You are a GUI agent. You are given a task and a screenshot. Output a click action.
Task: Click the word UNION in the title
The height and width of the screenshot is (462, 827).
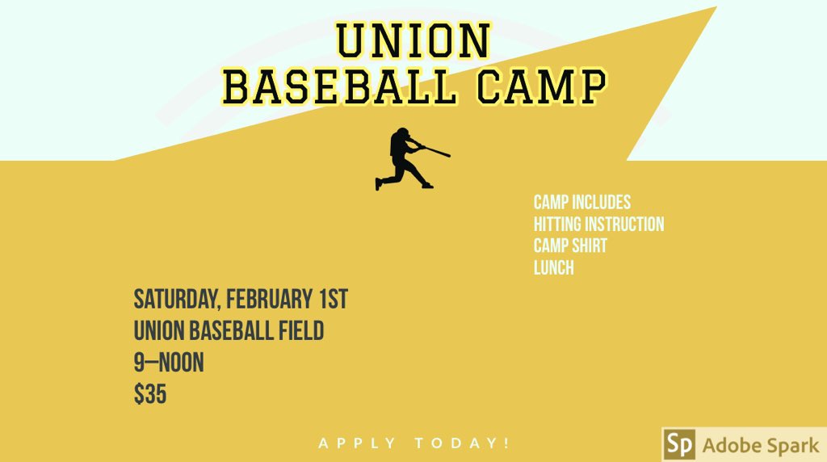[x=413, y=40]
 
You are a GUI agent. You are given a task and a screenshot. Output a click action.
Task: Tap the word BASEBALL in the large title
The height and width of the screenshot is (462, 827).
[x=339, y=87]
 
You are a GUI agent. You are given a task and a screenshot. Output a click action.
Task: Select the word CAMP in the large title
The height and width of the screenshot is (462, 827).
[x=540, y=87]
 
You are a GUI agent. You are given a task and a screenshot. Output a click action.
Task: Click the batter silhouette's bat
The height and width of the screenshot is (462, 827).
[x=435, y=150]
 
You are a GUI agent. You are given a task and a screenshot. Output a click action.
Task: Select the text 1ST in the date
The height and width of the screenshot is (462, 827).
[x=331, y=300]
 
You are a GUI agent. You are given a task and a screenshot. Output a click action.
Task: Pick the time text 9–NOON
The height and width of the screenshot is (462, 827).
[x=169, y=363]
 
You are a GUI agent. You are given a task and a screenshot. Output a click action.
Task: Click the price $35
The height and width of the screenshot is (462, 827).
[x=150, y=395]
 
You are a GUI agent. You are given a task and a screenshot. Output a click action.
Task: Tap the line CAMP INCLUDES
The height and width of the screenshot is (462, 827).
[x=581, y=202]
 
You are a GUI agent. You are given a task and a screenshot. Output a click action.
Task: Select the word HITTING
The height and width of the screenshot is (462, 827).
[x=558, y=224]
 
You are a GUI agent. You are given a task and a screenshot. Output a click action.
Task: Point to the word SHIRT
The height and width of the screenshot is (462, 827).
[x=590, y=246]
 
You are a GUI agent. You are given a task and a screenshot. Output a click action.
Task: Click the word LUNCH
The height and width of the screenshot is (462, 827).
[x=553, y=267]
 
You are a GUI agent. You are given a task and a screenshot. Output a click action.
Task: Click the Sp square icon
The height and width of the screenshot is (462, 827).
[x=679, y=445]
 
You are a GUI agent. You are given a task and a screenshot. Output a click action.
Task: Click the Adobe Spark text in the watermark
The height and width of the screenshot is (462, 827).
[x=760, y=445]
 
